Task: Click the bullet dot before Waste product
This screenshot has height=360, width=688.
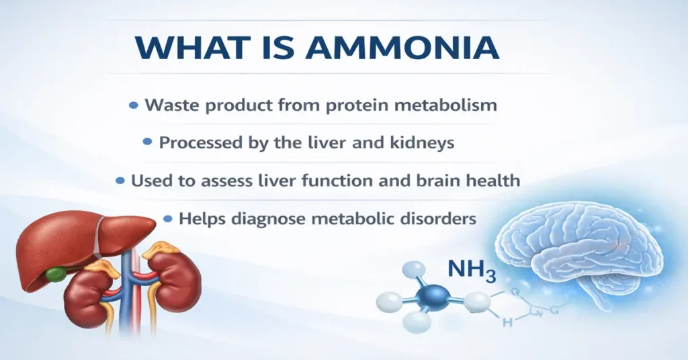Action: (133, 105)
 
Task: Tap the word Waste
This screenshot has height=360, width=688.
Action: (168, 105)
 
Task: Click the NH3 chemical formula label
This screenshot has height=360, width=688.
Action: (472, 271)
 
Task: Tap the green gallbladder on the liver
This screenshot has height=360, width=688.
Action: (56, 273)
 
